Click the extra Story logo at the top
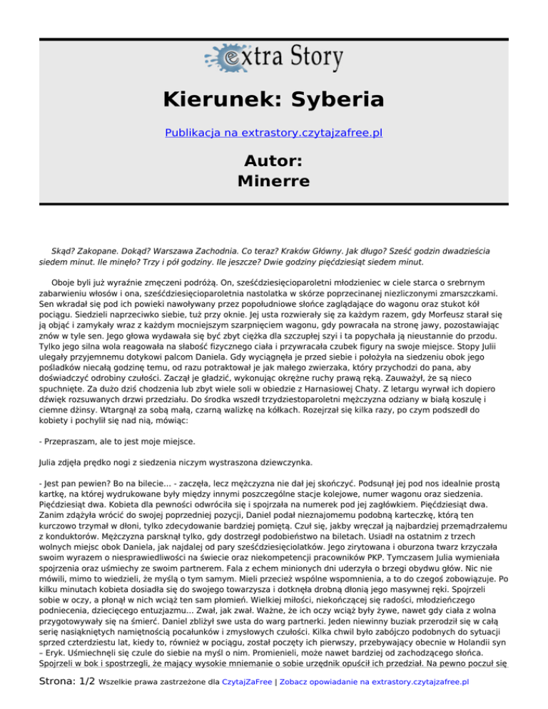pyautogui.click(x=275, y=56)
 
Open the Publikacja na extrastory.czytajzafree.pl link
pyautogui.click(x=274, y=133)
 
